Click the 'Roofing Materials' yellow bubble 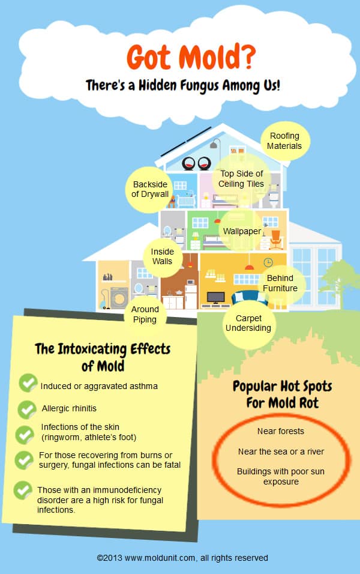(285, 141)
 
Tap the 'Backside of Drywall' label (150, 189)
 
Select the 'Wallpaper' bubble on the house (242, 231)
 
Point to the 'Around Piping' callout (145, 315)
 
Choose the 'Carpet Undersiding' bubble (248, 323)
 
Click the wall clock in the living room (268, 262)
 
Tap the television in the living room (216, 297)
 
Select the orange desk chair (276, 240)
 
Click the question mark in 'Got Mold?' (248, 57)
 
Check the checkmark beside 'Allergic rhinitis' (27, 409)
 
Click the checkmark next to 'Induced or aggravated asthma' (28, 383)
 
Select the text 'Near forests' (281, 431)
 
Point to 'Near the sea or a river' (281, 452)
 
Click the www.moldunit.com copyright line (182, 558)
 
